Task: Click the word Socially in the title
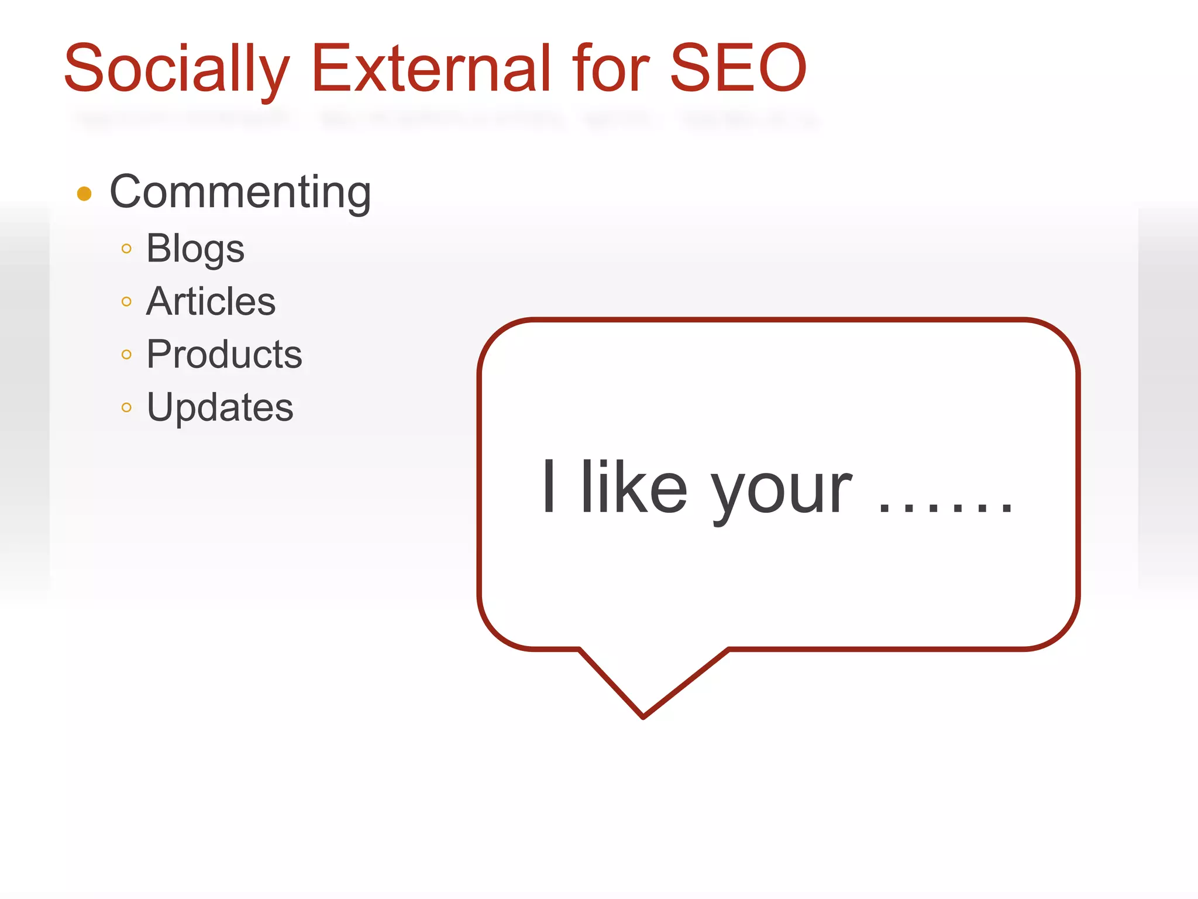point(175,69)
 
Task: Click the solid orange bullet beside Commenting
point(84,194)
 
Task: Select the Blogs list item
point(195,249)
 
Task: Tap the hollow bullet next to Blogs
point(126,249)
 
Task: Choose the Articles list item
point(211,301)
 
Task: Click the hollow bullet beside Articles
point(126,302)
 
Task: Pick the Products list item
point(224,354)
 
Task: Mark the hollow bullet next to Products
point(126,355)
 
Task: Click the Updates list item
point(220,407)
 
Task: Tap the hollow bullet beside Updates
point(126,407)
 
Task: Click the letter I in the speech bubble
point(548,487)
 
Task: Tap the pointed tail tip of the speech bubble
point(643,716)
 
